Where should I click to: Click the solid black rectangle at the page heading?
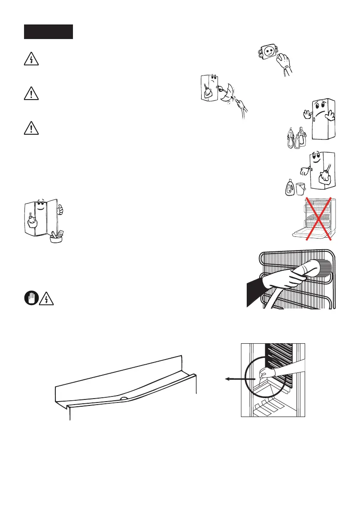tap(48, 32)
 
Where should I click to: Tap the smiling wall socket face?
tap(266, 53)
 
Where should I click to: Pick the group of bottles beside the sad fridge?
tap(296, 137)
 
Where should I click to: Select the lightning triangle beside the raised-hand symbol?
tap(45, 299)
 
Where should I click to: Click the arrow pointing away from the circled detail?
tap(233, 379)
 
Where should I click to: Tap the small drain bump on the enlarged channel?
tap(124, 397)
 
